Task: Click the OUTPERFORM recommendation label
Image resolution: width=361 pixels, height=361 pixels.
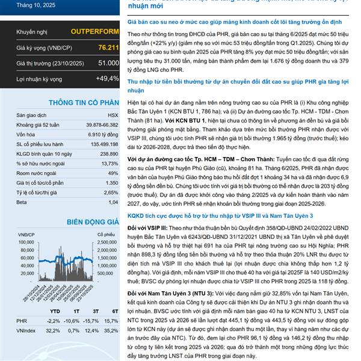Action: (94, 31)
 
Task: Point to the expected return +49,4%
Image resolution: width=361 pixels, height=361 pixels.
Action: (107, 79)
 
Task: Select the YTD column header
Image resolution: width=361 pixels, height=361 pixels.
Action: (55, 310)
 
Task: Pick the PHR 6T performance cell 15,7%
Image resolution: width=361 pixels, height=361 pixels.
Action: (111, 321)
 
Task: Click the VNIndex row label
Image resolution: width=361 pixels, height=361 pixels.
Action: (27, 330)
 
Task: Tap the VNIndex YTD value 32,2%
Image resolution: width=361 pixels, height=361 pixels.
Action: (54, 330)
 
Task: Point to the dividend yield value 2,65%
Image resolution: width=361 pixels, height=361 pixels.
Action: (110, 192)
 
